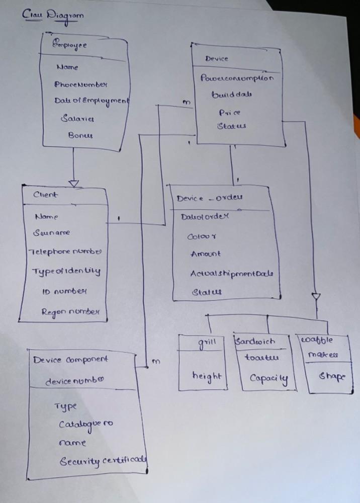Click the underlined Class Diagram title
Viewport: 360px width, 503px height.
point(53,15)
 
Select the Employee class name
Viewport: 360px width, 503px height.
point(70,45)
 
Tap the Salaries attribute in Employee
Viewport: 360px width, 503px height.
point(77,119)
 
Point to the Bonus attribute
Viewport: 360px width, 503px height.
point(80,135)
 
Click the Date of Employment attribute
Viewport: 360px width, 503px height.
point(92,101)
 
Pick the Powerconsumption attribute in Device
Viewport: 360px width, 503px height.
point(237,78)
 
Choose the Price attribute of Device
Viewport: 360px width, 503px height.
point(230,113)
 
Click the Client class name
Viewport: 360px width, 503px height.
point(45,195)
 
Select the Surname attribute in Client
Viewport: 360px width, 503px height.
point(52,233)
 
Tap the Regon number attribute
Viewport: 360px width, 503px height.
point(70,312)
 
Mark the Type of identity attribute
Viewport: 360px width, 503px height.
point(66,271)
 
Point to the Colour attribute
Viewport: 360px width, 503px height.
point(201,236)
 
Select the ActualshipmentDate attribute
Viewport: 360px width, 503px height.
point(234,274)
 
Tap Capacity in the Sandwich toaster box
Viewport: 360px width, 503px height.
point(269,378)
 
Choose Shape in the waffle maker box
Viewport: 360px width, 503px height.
point(332,377)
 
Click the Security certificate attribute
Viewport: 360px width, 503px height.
point(103,461)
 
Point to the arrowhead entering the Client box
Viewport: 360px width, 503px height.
point(74,184)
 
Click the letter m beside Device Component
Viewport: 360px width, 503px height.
point(155,362)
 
